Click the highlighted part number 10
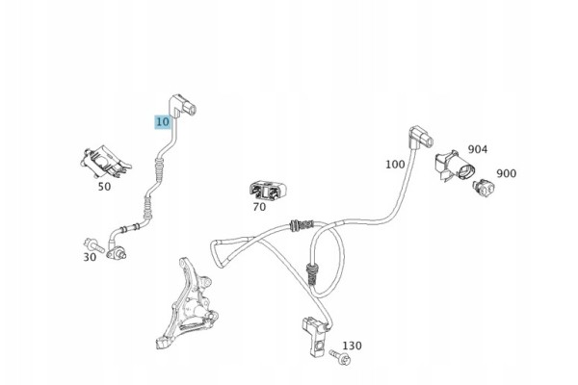coord(163,122)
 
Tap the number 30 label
coord(90,257)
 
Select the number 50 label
coord(104,187)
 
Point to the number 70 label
coord(259,207)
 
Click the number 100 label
coord(395,165)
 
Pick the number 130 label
coord(352,346)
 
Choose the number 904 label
coord(478,149)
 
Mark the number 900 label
coord(507,173)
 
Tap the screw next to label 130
coord(340,357)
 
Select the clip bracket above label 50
coord(105,162)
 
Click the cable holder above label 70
coord(267,192)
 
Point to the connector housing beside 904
coord(455,167)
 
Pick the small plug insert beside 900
coord(484,188)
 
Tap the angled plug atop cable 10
coord(182,107)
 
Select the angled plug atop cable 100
coord(421,139)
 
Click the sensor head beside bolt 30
coord(117,253)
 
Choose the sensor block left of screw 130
coord(314,336)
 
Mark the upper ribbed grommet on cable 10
coord(159,169)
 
